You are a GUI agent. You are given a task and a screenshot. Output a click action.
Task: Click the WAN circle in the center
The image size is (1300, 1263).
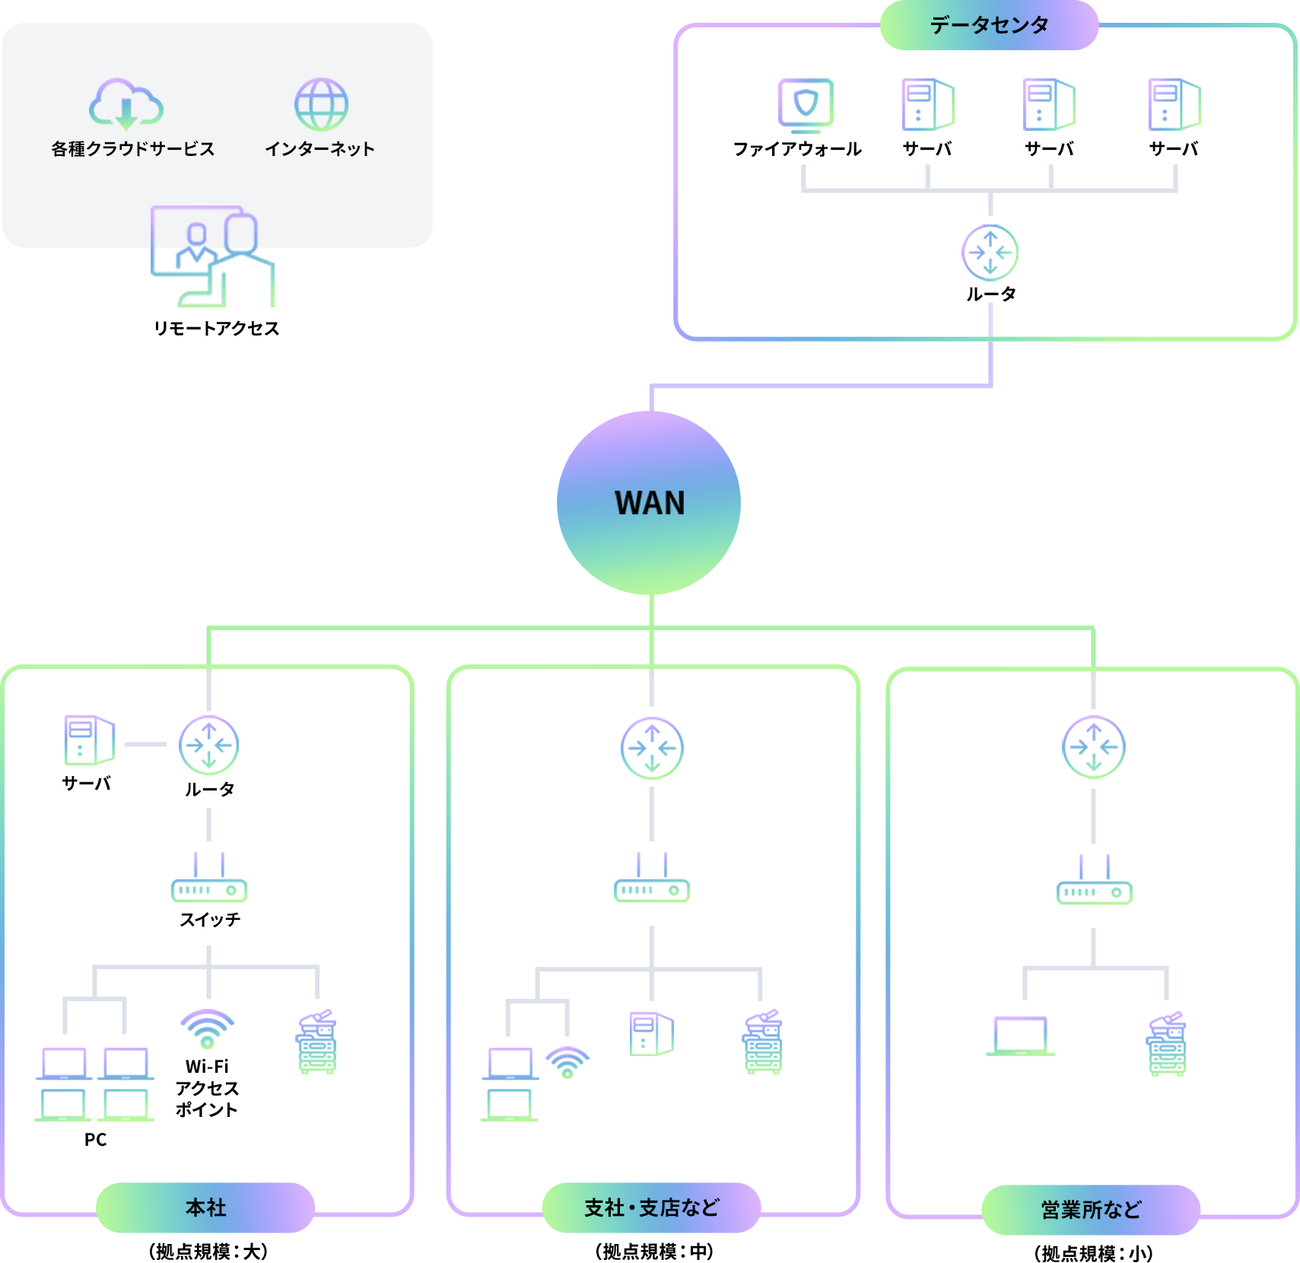pos(649,502)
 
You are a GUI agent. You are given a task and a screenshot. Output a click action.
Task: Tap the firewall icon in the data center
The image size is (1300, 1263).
pos(806,104)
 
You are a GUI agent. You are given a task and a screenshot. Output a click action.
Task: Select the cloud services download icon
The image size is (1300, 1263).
pos(126,104)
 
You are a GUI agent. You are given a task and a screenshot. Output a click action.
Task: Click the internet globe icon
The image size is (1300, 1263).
pos(321,104)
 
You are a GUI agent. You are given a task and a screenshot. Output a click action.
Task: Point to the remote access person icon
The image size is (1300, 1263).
pos(214,256)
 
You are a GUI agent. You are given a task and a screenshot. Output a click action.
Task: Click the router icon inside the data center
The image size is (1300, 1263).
pos(990,253)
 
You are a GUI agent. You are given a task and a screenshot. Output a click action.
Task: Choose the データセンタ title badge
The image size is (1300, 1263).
pos(989,25)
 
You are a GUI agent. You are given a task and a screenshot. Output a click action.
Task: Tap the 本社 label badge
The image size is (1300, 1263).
pos(205,1207)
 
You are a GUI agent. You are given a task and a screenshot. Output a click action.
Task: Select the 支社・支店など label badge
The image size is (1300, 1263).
pos(651,1207)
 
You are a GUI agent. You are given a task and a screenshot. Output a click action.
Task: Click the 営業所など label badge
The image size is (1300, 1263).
pos(1091,1210)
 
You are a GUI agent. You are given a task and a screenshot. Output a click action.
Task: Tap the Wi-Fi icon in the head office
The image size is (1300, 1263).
pos(207,1028)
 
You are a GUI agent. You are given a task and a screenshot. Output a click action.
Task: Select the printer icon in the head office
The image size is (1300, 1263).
pos(316,1042)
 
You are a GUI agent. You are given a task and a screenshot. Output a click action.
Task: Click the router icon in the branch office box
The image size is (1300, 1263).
pos(652,748)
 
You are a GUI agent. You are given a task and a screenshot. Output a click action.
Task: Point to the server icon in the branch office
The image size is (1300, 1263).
pos(652,1034)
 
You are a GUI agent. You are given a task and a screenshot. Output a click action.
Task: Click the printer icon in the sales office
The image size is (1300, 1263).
pos(1166,1044)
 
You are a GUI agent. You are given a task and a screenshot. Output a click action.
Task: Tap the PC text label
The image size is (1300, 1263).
pos(96,1140)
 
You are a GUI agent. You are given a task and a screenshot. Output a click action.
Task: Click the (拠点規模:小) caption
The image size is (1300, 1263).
pos(1094,1253)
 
